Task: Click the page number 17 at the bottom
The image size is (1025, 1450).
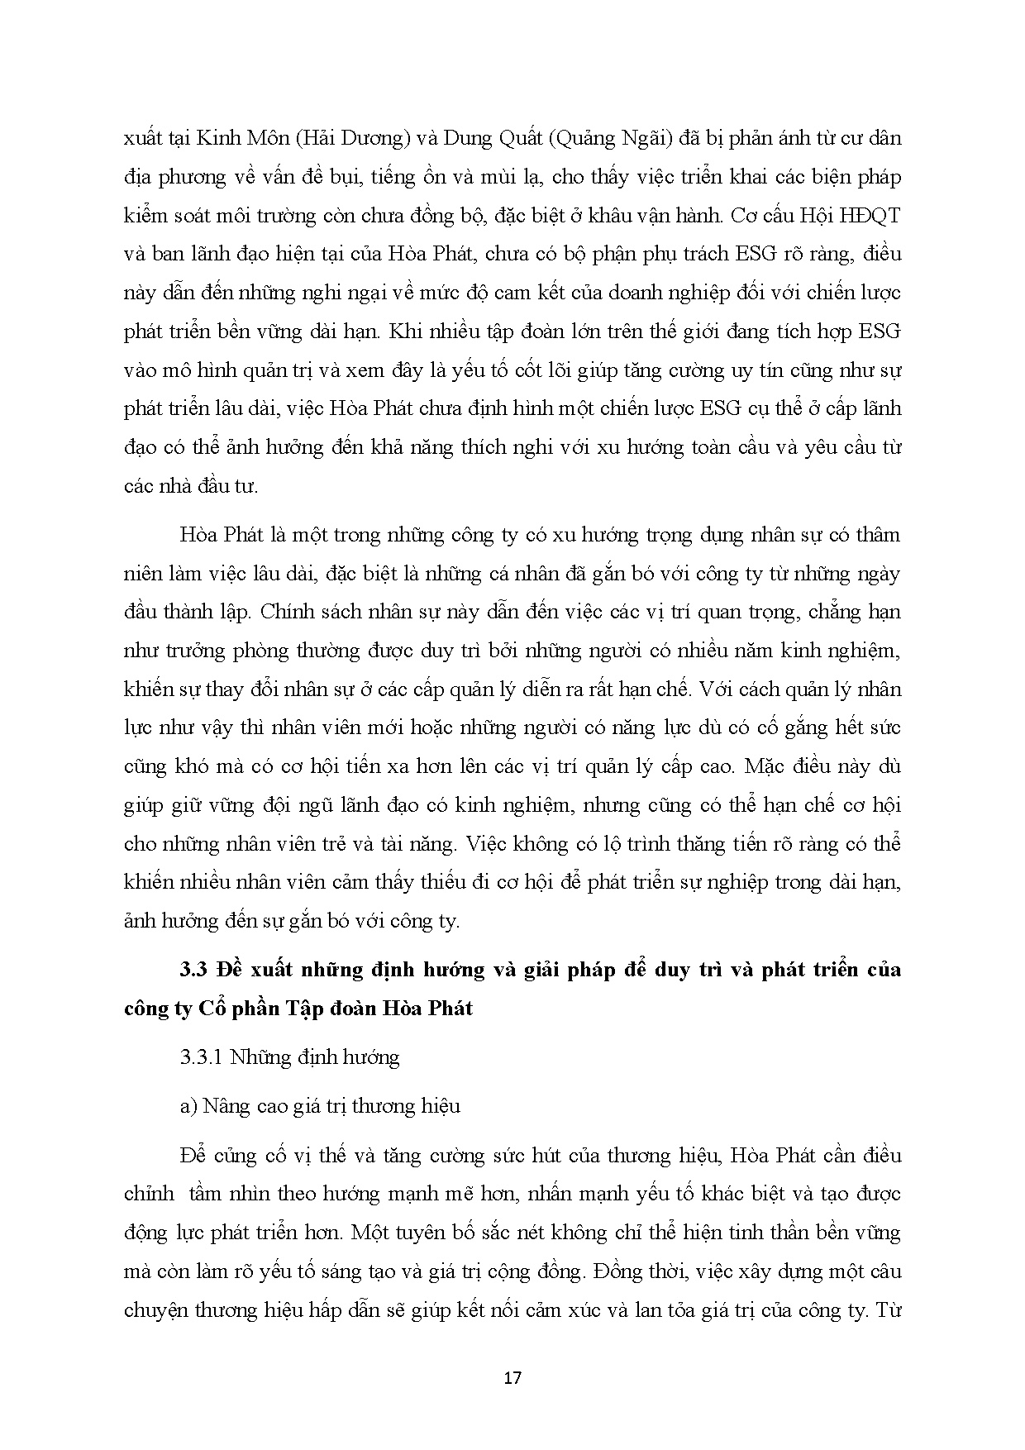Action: (x=512, y=1377)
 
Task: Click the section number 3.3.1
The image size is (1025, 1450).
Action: (x=201, y=1057)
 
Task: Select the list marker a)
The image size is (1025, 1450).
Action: (x=188, y=1106)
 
